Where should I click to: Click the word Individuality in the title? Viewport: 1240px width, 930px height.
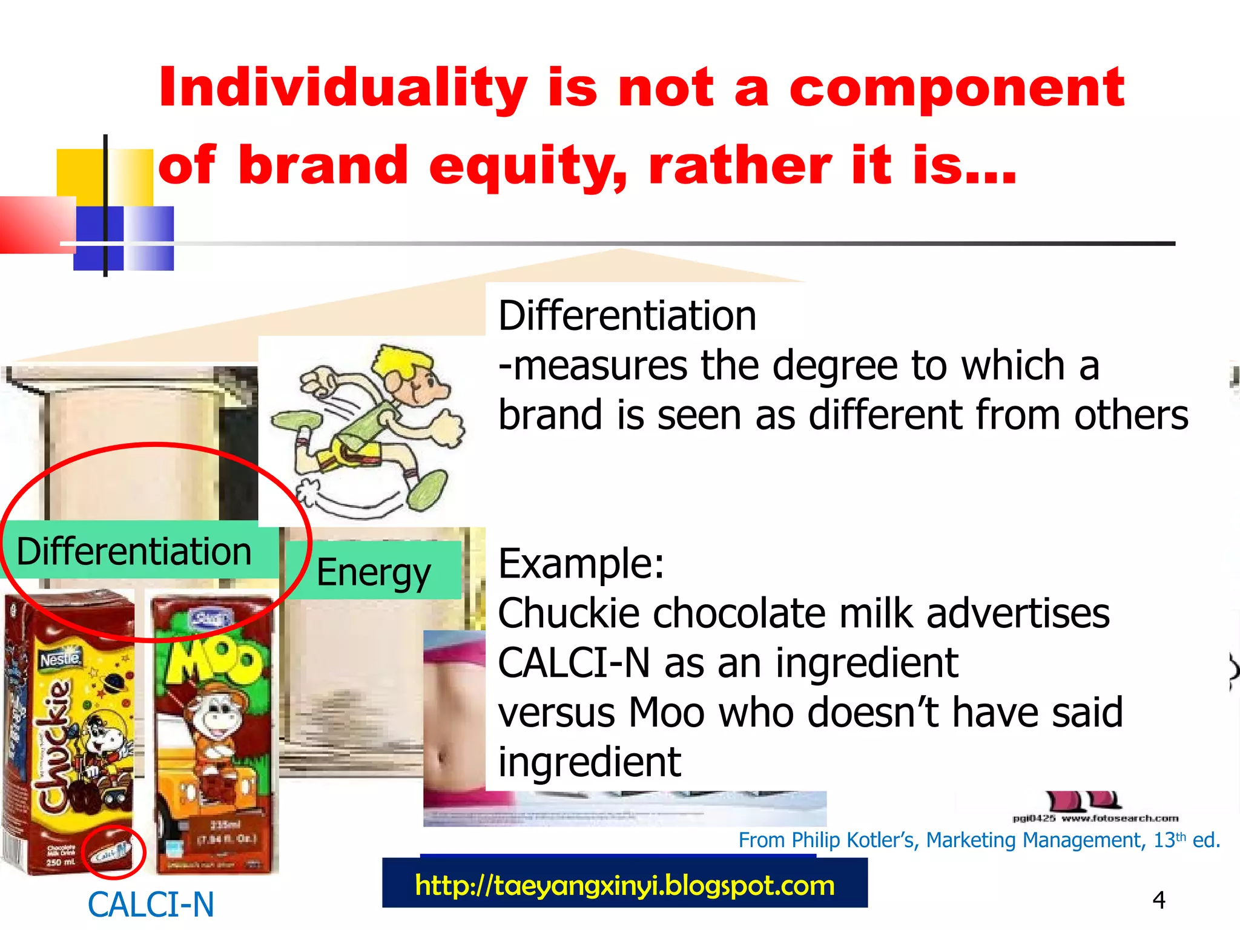click(x=342, y=89)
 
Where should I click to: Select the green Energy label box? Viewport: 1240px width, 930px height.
click(x=374, y=571)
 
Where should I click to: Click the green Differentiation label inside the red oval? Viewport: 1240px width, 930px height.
click(x=134, y=551)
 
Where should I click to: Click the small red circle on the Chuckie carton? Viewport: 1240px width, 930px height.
click(x=113, y=852)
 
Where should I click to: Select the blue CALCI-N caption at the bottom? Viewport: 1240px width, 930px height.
click(x=151, y=905)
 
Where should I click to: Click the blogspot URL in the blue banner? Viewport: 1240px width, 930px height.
click(x=625, y=886)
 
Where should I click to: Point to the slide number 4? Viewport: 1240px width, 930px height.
click(x=1159, y=900)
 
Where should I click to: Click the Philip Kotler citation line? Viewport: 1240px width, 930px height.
click(x=978, y=840)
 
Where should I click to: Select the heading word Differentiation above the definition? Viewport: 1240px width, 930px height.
click(x=627, y=316)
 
